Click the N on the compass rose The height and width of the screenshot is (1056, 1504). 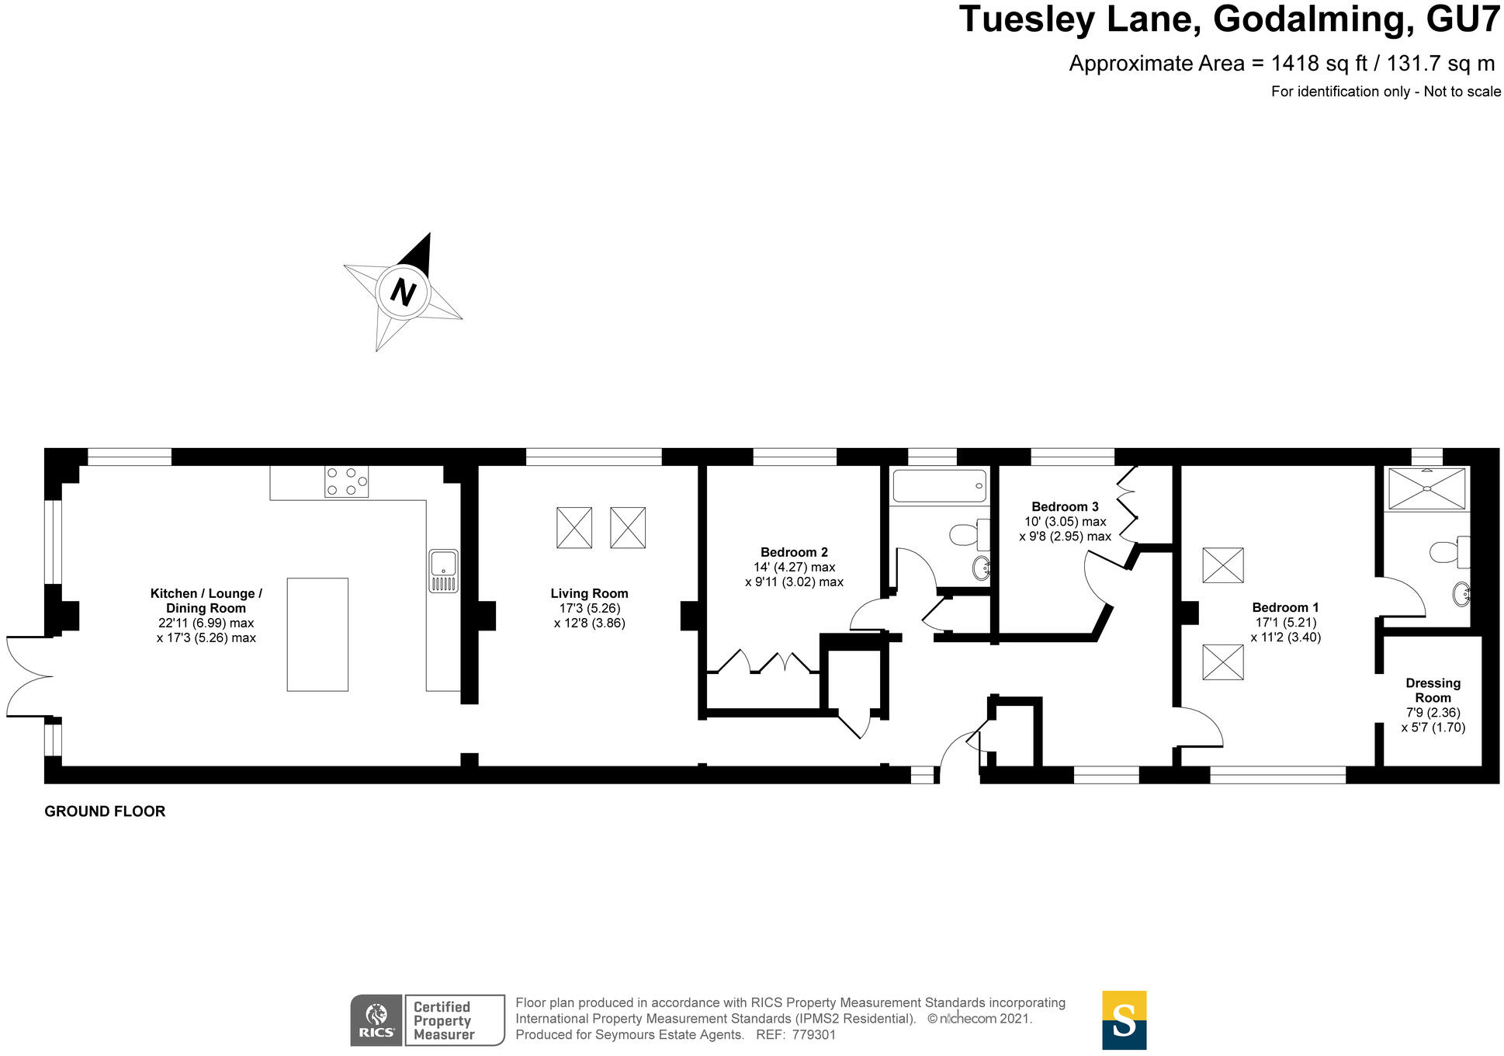(x=402, y=292)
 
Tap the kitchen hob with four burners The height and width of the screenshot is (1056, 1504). (x=346, y=481)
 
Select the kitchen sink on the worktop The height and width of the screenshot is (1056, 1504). (x=443, y=571)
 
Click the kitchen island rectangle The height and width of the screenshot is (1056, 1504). (x=317, y=634)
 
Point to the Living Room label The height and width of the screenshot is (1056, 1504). (x=589, y=593)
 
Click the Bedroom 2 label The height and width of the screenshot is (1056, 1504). (x=794, y=552)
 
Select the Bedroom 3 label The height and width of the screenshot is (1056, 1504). (x=1065, y=506)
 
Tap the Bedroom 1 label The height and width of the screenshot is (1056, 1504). (x=1285, y=607)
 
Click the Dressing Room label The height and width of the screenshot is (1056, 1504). (x=1433, y=690)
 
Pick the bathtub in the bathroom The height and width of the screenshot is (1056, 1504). (x=939, y=486)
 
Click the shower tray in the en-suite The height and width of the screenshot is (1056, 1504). (x=1426, y=488)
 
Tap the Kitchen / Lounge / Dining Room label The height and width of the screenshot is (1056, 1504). (x=206, y=600)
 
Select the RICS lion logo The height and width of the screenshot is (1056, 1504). (x=376, y=1020)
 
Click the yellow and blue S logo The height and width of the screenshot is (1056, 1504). (x=1124, y=1020)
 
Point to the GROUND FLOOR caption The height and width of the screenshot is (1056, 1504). (x=105, y=811)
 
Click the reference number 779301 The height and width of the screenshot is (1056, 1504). (x=813, y=1035)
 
